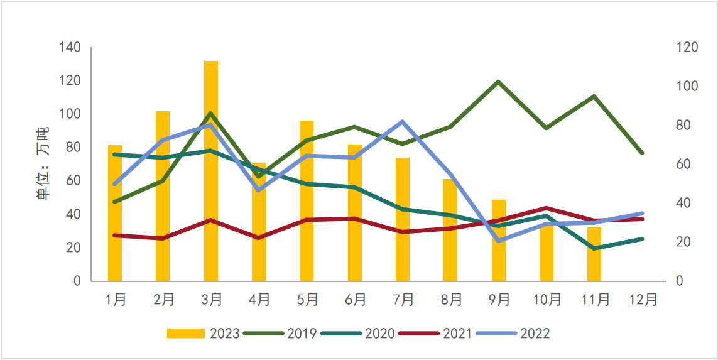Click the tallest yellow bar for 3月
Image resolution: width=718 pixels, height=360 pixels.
click(x=211, y=170)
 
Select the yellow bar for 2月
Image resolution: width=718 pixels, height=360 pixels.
click(x=163, y=195)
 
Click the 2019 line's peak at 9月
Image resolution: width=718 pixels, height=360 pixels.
click(x=498, y=82)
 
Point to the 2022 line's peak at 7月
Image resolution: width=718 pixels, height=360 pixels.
click(x=402, y=122)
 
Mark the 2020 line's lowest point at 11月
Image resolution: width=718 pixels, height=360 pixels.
click(x=594, y=248)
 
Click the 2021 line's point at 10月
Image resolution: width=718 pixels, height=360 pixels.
click(x=547, y=208)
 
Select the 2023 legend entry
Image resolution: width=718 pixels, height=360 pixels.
click(x=203, y=333)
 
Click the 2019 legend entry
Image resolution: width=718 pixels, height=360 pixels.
click(x=280, y=333)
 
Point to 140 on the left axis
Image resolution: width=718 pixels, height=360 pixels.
click(x=70, y=47)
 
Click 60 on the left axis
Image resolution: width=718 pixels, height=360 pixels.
click(x=73, y=181)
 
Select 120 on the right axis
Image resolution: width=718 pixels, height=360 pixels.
click(x=687, y=47)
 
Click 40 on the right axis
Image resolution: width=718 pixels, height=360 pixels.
click(x=683, y=203)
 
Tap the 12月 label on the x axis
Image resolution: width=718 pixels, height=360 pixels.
click(x=643, y=300)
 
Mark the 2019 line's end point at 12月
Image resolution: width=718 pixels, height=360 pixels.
click(x=642, y=153)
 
